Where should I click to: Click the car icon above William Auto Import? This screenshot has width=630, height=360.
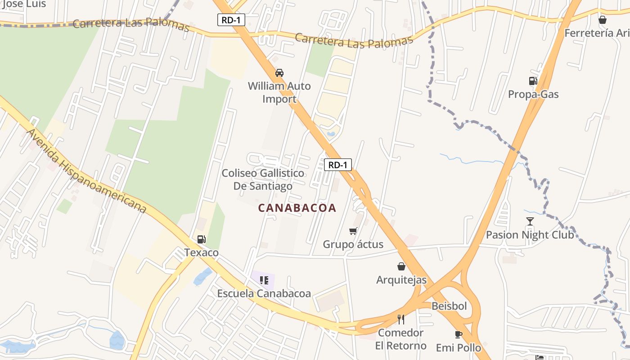[x=279, y=73]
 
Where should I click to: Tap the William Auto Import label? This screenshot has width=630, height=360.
[x=279, y=92]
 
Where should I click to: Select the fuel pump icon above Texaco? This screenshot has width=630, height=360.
[x=201, y=239]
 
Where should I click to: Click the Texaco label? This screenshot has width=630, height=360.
[x=201, y=252]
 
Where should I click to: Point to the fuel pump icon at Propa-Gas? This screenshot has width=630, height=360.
[x=533, y=81]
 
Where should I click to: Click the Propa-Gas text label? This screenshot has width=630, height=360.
[x=533, y=94]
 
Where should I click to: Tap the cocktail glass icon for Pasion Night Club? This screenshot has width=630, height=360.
[x=530, y=221]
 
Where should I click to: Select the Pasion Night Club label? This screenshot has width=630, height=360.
[x=530, y=234]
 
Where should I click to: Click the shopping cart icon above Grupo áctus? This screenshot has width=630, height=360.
[x=353, y=231]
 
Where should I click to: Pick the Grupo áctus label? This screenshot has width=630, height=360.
[x=353, y=244]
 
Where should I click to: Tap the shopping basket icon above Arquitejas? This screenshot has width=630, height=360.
[x=401, y=266]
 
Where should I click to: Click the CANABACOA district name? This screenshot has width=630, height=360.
[x=297, y=207]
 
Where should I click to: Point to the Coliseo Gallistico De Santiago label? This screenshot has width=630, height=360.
[x=263, y=180]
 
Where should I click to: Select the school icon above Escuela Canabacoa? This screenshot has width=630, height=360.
[x=264, y=280]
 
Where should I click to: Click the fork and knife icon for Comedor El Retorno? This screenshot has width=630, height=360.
[x=401, y=319]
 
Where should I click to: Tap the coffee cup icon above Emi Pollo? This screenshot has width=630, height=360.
[x=458, y=334]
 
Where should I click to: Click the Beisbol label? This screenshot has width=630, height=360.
[x=449, y=306]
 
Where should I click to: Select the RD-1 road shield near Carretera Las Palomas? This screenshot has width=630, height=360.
[x=231, y=20]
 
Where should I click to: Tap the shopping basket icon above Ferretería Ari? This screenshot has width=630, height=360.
[x=603, y=20]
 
